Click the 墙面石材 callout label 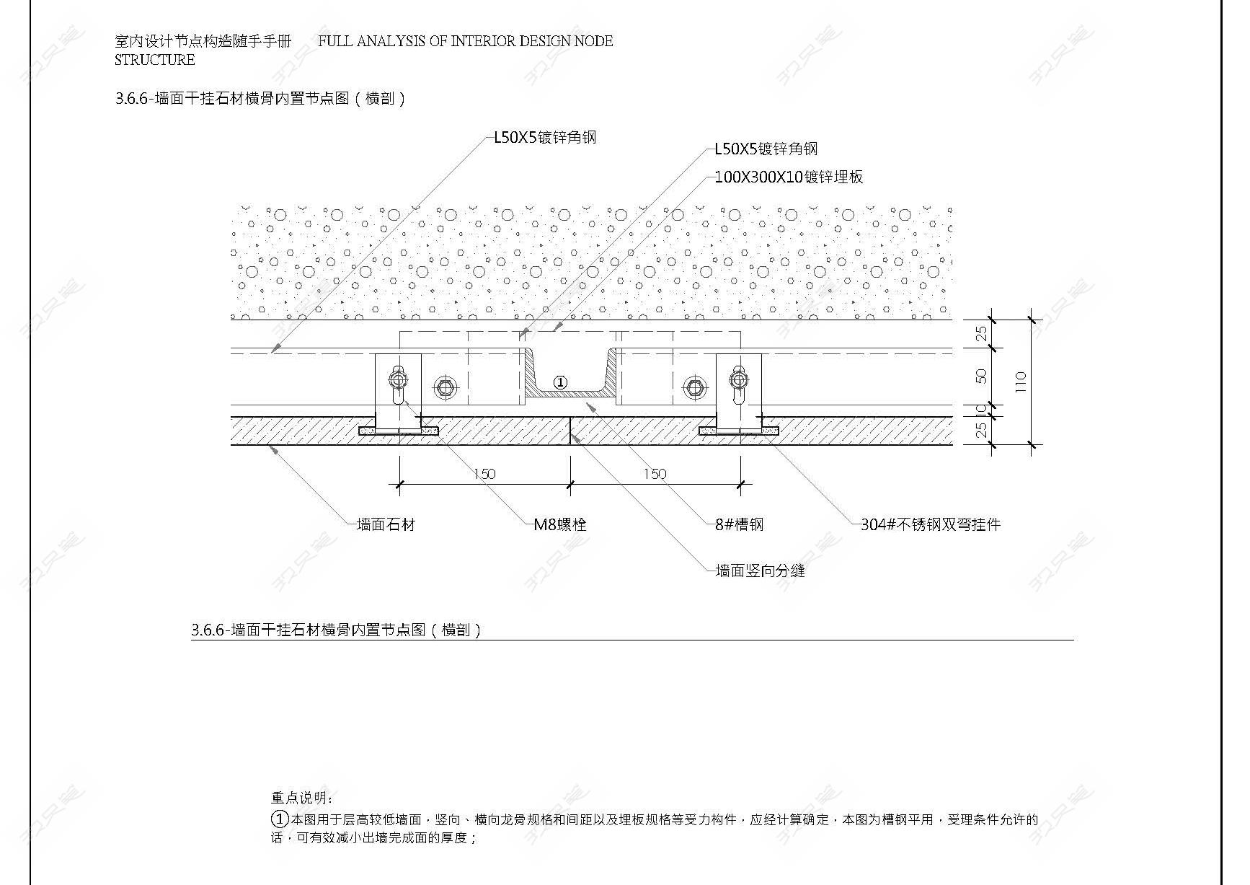pos(386,524)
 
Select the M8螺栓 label pos(560,524)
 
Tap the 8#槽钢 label pos(739,524)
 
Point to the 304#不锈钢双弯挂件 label pos(931,524)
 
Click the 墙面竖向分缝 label pos(760,571)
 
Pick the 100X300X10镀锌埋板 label pos(789,177)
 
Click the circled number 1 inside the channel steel pos(560,382)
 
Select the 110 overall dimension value pos(1020,381)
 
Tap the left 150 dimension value pos(484,474)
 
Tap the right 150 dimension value pos(655,474)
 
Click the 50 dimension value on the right pos(981,377)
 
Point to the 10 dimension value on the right pos(981,410)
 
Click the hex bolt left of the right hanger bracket pos(694,388)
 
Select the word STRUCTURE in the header pos(155,60)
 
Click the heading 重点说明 pos(302,798)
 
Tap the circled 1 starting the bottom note pos(280,819)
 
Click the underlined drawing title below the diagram pos(336,630)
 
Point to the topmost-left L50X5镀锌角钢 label pos(545,137)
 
